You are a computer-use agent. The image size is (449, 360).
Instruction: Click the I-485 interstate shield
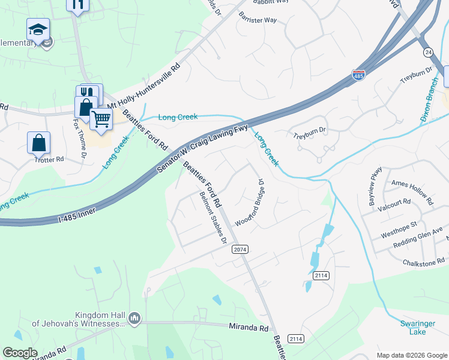click(358, 76)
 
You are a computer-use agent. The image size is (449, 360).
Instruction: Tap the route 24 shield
click(427, 52)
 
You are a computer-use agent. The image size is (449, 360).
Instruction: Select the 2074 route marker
click(240, 249)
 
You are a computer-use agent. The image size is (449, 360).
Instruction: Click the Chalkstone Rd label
click(424, 262)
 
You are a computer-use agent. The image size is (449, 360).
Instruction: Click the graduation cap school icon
click(38, 29)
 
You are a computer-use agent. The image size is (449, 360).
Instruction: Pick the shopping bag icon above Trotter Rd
click(38, 143)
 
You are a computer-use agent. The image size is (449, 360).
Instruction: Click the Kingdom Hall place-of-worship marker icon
click(134, 317)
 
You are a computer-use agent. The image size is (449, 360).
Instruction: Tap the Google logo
click(20, 353)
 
